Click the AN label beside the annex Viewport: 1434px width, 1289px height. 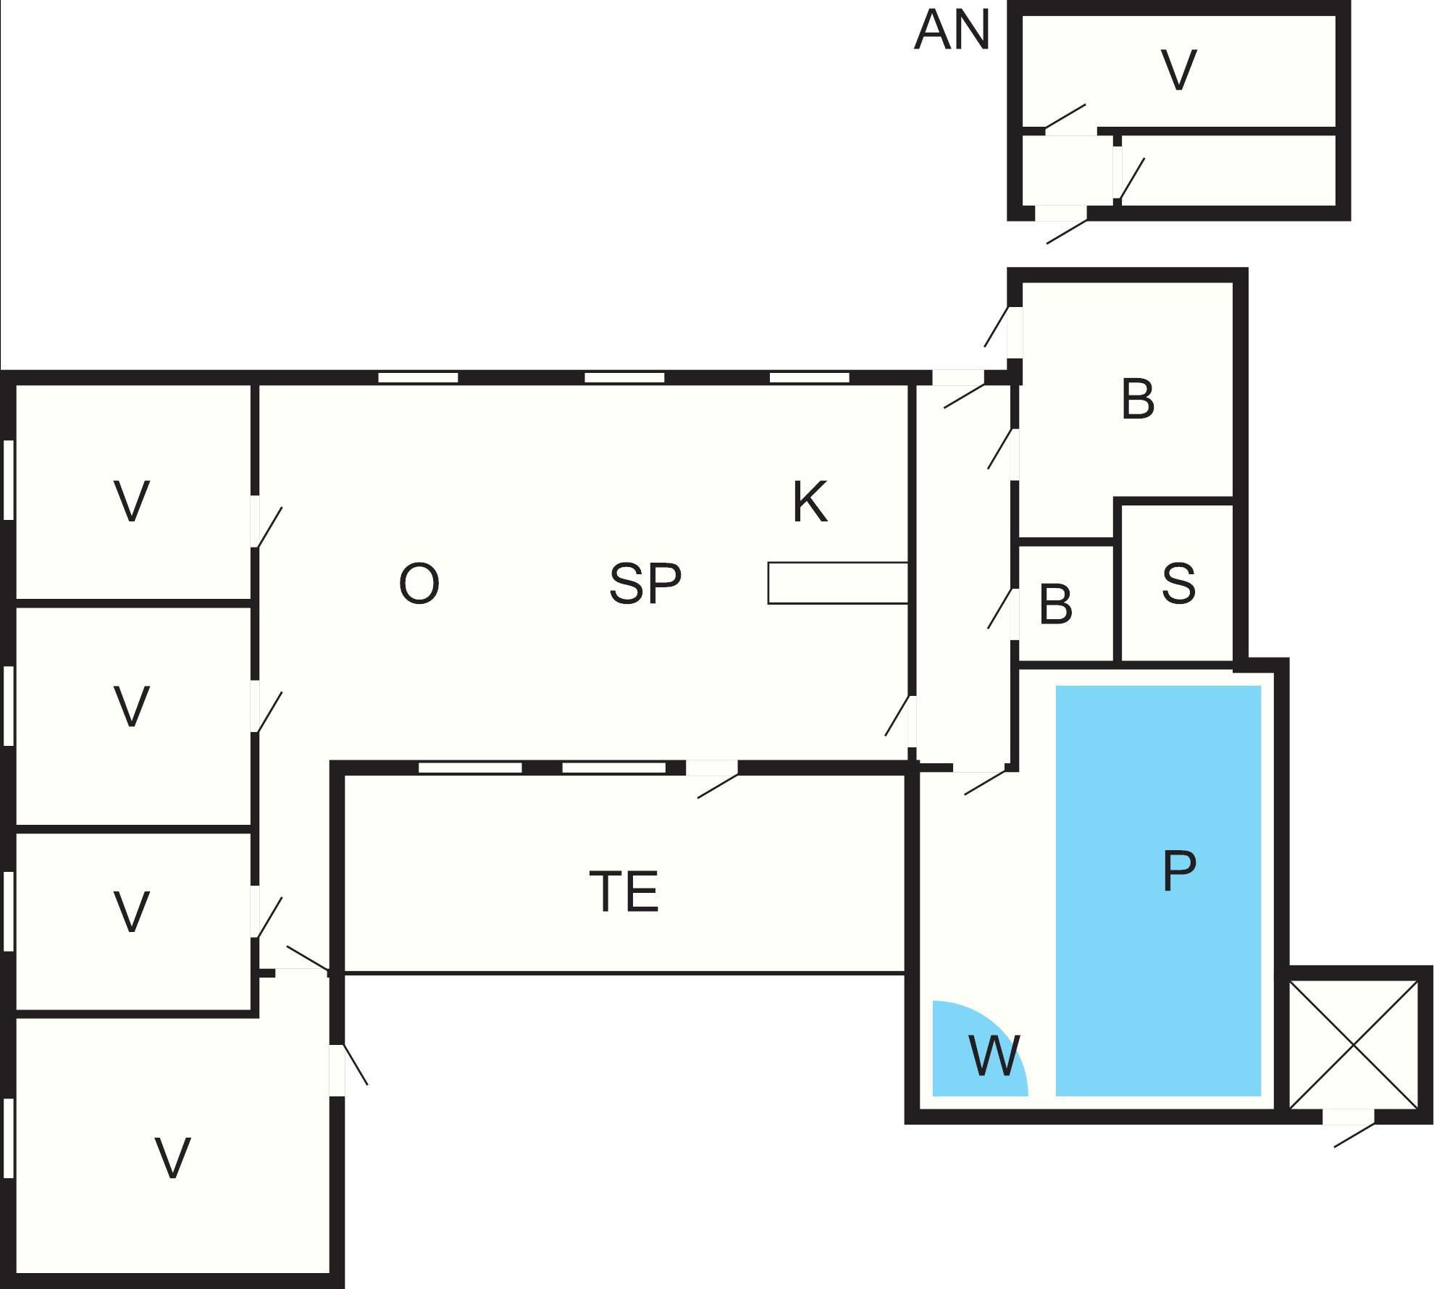(951, 31)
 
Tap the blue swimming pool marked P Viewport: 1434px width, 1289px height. (1158, 890)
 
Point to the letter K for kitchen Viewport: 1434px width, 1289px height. (810, 503)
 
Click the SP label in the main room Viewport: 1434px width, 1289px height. (645, 584)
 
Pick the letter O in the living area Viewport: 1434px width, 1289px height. (419, 584)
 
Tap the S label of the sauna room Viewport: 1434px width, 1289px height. (1178, 584)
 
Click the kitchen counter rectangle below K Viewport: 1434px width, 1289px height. (838, 583)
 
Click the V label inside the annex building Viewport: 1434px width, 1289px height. (1178, 71)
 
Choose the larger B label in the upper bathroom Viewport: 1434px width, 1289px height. (1137, 399)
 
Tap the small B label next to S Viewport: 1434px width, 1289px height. (1055, 605)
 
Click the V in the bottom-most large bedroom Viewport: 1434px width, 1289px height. (173, 1159)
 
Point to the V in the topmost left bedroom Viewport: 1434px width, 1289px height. (132, 501)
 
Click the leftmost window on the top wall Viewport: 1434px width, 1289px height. (418, 377)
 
